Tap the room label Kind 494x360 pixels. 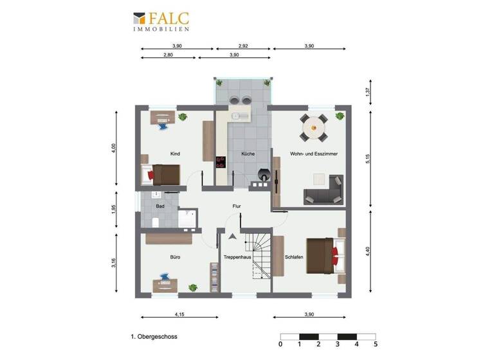click(x=175, y=154)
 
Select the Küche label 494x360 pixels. click(x=248, y=154)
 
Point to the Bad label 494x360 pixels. click(x=160, y=206)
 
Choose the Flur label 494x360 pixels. click(x=237, y=207)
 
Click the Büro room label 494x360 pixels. click(x=175, y=257)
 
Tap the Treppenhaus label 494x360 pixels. click(x=236, y=257)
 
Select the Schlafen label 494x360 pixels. click(x=294, y=257)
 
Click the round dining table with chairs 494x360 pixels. click(x=315, y=127)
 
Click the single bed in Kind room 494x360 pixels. click(x=161, y=174)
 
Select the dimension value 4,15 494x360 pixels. click(x=179, y=314)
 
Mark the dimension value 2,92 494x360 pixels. click(x=243, y=46)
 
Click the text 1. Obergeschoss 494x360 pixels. click(x=154, y=336)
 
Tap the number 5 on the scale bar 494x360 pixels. click(x=375, y=344)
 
